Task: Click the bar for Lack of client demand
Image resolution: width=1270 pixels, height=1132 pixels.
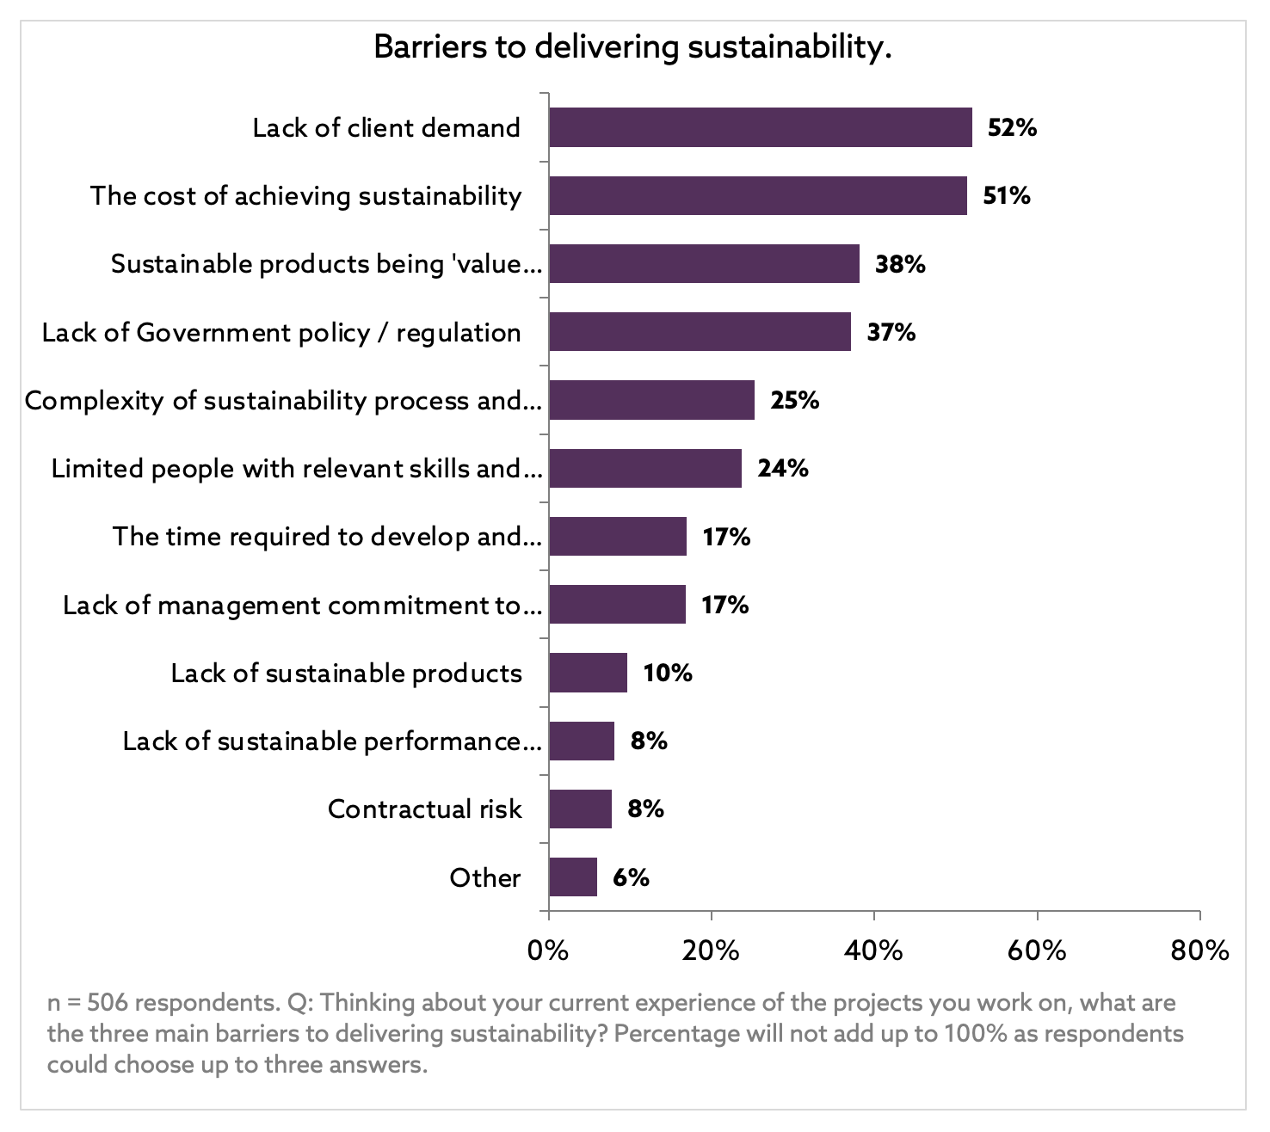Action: pos(761,127)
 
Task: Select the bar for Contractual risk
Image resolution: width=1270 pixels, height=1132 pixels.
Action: pos(581,809)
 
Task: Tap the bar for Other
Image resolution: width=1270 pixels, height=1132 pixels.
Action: pos(573,877)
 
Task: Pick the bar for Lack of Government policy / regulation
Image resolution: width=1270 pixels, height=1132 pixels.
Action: pos(700,332)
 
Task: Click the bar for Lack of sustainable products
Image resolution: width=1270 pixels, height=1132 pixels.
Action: pos(589,673)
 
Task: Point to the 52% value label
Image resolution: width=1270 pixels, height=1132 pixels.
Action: pos(1012,127)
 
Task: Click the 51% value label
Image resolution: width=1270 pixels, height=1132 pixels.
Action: pos(1007,195)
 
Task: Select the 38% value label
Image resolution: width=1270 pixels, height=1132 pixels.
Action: pos(900,263)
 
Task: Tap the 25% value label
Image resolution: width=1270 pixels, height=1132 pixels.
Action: pos(794,400)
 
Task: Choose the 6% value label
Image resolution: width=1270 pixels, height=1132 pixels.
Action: pos(631,877)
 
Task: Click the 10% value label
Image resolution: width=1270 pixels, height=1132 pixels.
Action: pos(668,673)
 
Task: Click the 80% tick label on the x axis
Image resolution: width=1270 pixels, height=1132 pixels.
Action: pos(1199,951)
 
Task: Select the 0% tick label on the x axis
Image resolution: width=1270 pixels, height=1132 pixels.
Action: pos(548,951)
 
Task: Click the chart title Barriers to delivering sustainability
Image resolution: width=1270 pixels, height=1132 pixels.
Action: pos(632,46)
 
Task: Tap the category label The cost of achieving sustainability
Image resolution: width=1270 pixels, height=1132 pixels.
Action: pos(306,196)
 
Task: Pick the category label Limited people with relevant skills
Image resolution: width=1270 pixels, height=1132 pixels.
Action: pos(297,469)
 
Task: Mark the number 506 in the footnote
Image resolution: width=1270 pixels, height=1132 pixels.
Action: pos(108,1003)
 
